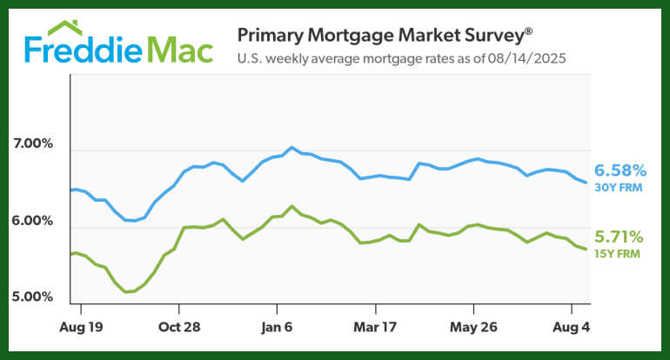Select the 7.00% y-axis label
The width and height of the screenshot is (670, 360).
coord(33,143)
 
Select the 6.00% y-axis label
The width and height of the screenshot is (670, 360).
coord(33,221)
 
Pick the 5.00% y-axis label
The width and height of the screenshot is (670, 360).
coord(33,297)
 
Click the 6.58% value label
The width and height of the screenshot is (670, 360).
coord(620,170)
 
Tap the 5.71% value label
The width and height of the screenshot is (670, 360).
coord(620,237)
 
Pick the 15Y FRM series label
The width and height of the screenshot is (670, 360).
coord(620,252)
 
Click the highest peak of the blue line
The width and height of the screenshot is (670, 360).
coord(291,147)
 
